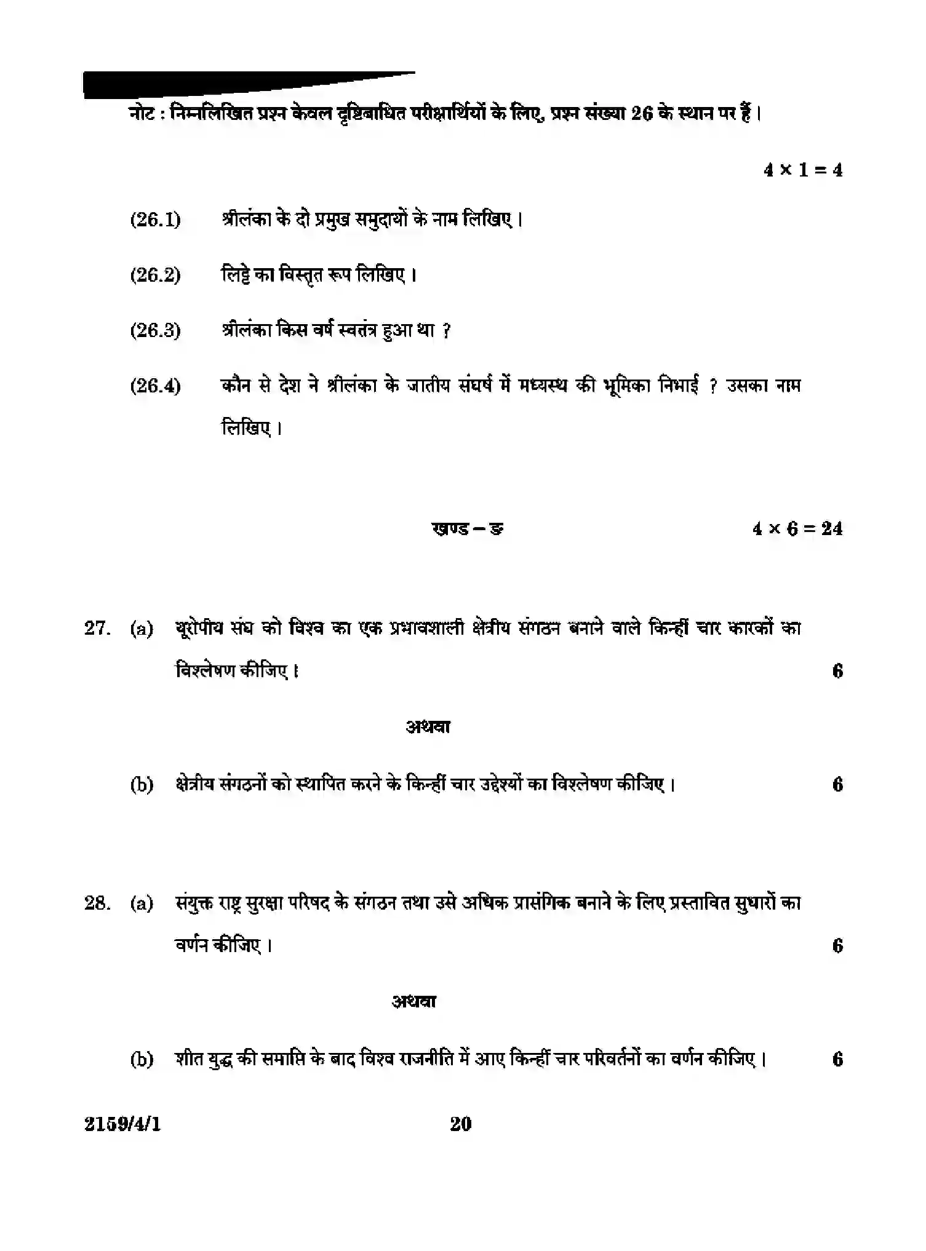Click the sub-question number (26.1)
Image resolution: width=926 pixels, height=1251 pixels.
coord(155,220)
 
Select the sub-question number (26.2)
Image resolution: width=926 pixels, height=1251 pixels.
coord(155,275)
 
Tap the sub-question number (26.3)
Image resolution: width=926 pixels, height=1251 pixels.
coord(155,331)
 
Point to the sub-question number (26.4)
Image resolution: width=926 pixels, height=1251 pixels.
coord(155,386)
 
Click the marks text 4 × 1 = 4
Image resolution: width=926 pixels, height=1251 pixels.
coord(802,170)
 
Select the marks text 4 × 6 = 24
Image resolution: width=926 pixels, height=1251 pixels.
coord(797,528)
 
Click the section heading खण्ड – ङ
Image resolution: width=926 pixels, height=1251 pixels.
coord(468,528)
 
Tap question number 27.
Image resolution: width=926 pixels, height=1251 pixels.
coord(97,628)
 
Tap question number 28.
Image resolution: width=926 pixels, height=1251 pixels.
coord(97,903)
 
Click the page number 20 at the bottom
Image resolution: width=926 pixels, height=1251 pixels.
coord(461,1124)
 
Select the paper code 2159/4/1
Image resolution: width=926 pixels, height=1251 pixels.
coord(122,1124)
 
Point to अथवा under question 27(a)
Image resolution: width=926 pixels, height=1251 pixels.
coord(428,727)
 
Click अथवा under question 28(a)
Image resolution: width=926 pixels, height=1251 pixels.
coord(413,1002)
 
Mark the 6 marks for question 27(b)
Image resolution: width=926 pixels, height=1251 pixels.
coord(837,784)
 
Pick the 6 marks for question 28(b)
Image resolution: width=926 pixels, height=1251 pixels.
coord(837,1059)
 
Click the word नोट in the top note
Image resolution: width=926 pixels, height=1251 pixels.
coord(142,114)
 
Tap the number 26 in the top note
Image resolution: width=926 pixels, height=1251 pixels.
coord(641,114)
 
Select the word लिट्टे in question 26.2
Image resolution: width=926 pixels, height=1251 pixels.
coord(237,274)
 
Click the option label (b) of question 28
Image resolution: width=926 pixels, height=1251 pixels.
coord(142,1059)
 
